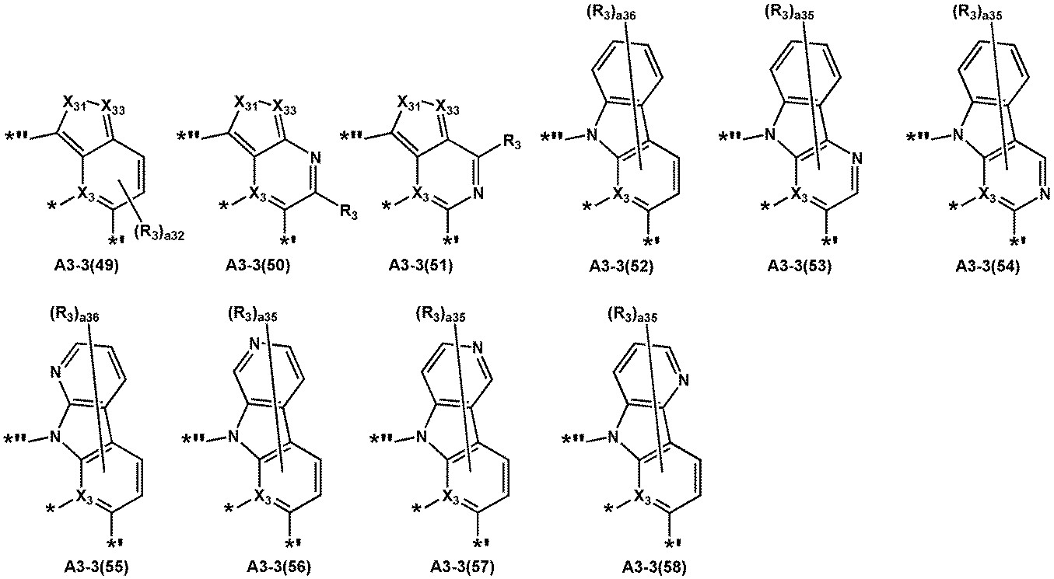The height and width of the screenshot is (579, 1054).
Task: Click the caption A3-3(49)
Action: click(86, 266)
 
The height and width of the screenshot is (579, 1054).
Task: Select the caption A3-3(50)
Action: click(257, 266)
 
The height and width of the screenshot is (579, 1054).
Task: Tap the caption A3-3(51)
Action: click(421, 266)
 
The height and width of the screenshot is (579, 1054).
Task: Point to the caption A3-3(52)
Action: click(621, 267)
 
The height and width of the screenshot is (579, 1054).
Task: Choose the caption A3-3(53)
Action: click(800, 267)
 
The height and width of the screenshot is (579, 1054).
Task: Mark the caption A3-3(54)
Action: click(988, 267)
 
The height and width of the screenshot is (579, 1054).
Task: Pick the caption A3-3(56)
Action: click(279, 567)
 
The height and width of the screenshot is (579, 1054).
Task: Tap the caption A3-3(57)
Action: click(463, 567)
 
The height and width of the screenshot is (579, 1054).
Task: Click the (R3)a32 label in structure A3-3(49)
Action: click(159, 234)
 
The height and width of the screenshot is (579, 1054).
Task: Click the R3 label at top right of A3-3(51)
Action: click(512, 143)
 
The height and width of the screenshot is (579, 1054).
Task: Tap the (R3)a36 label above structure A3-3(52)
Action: click(611, 15)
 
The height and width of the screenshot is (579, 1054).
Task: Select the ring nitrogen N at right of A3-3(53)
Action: click(857, 159)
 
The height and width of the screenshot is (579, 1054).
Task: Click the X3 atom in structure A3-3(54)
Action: click(988, 194)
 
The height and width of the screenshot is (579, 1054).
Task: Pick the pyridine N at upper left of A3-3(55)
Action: click(55, 373)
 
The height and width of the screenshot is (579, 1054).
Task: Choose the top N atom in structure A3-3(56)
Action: click(254, 345)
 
